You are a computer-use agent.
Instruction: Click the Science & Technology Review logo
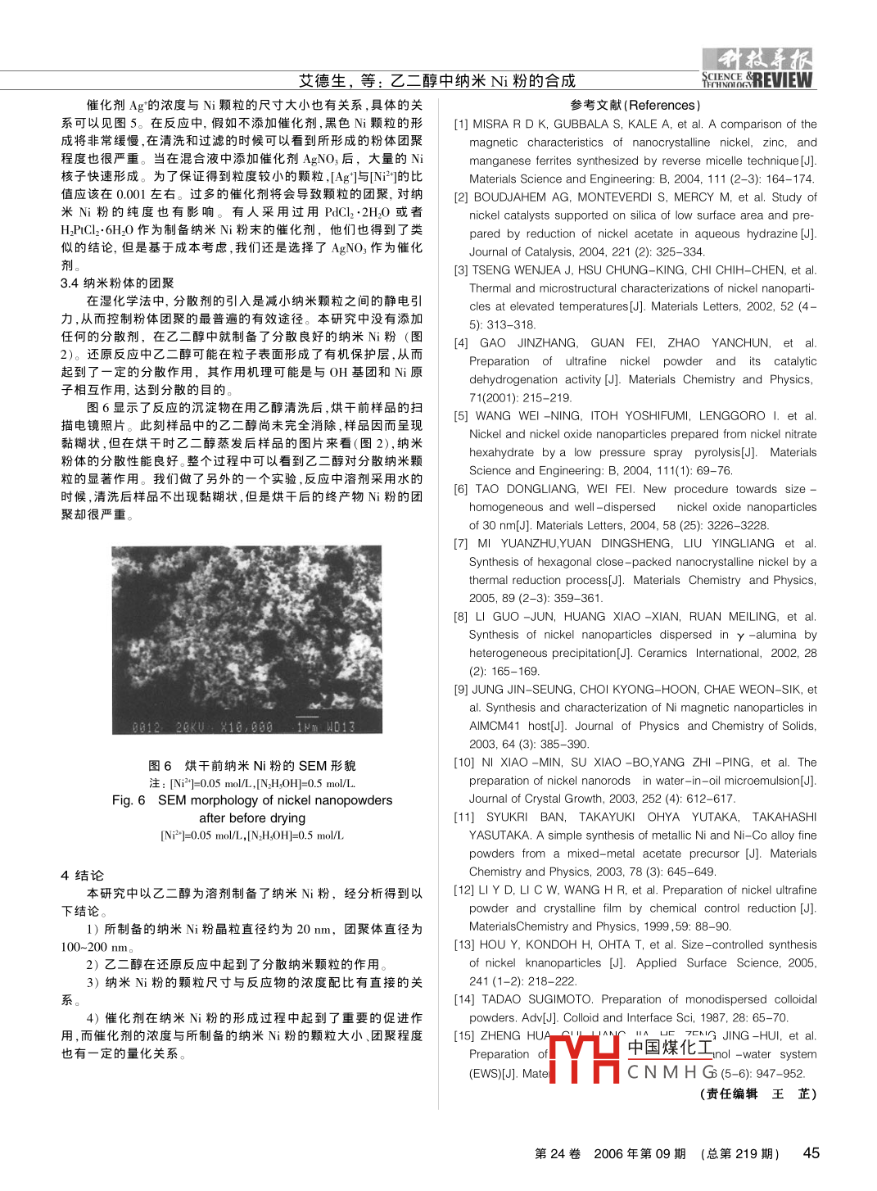757,69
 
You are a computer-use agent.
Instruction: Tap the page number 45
811,1153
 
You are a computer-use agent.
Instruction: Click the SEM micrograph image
246,640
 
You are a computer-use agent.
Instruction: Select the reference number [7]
461,544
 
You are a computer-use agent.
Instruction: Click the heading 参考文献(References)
635,105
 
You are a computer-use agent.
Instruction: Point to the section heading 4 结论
82,875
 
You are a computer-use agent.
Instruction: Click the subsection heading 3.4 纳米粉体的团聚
117,283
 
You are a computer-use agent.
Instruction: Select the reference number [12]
464,890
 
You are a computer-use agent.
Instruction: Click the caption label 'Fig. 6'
129,800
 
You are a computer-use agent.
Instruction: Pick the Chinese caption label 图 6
160,765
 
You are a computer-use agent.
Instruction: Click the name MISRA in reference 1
490,125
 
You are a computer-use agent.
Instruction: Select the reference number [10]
464,763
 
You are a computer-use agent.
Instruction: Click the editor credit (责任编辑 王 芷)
757,1094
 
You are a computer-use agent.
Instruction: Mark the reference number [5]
461,416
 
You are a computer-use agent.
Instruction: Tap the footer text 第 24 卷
558,1153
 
